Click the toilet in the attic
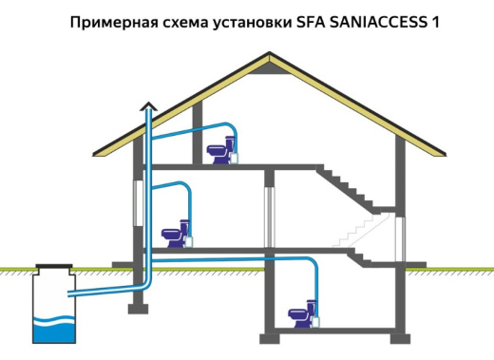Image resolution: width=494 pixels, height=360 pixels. click(218, 150)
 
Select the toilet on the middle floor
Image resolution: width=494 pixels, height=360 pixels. click(173, 232)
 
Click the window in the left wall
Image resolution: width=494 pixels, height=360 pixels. click(136, 205)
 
